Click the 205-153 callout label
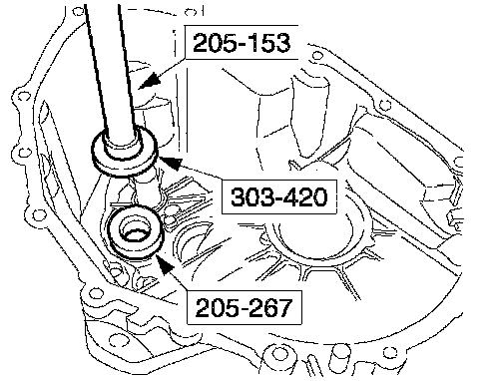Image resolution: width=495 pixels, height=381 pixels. (242, 42)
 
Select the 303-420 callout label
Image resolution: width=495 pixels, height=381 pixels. (279, 196)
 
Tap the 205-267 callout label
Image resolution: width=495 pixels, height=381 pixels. (245, 307)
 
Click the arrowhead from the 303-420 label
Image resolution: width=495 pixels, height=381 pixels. (172, 163)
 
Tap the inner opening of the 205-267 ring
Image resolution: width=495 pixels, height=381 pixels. (135, 230)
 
